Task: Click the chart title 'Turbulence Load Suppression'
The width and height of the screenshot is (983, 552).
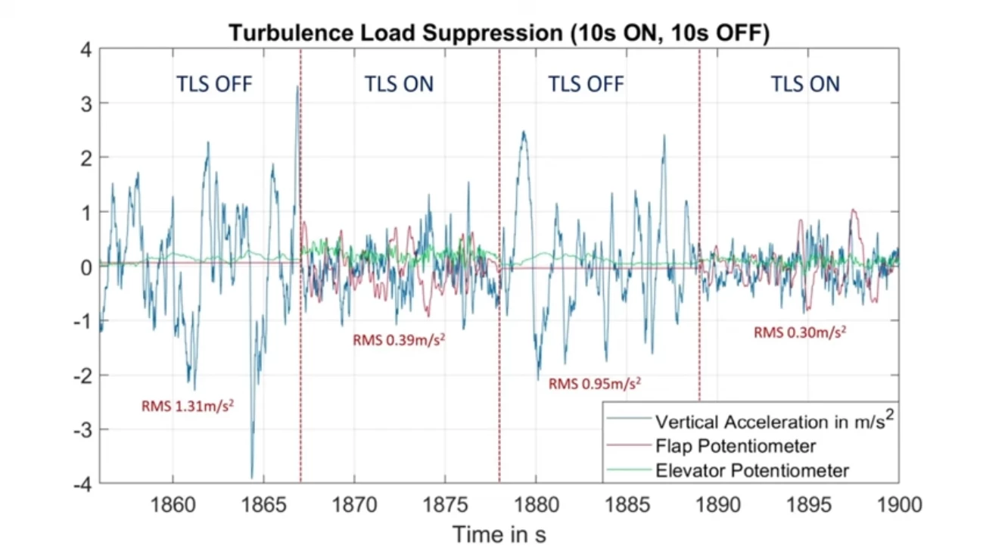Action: point(499,33)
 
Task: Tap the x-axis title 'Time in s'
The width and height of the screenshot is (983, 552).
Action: point(499,535)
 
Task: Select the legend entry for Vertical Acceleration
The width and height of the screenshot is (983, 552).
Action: point(769,421)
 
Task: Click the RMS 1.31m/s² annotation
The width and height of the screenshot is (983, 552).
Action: point(187,405)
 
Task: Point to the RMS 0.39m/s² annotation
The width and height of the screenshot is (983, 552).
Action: point(398,340)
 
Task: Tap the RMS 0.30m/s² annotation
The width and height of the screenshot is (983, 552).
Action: point(799,332)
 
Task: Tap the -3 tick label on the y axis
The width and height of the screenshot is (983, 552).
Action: point(82,429)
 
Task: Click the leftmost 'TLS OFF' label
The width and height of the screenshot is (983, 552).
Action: point(214,84)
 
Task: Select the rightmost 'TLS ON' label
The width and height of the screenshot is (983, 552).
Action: point(805,84)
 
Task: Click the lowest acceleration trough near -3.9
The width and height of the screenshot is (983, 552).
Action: point(252,477)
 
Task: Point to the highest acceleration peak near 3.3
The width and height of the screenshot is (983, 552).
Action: point(297,86)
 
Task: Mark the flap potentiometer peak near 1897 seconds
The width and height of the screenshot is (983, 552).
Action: point(854,211)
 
